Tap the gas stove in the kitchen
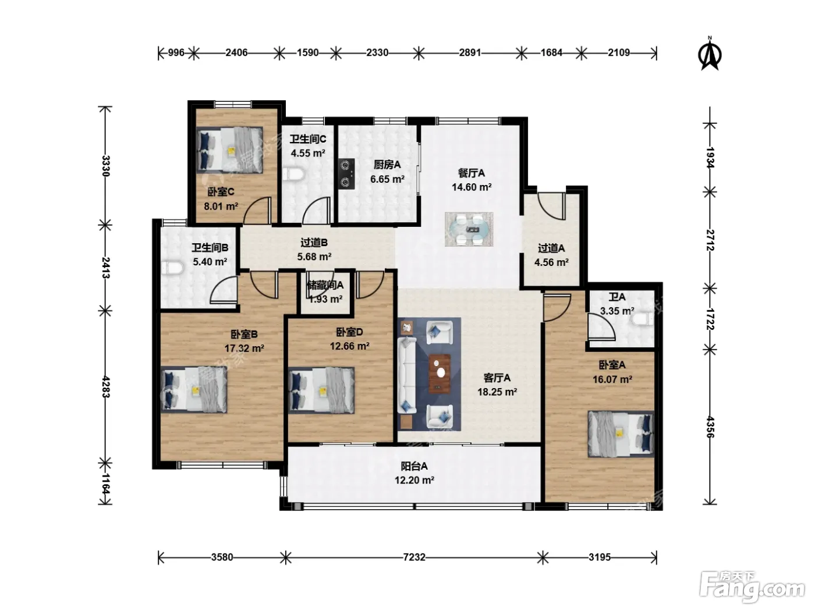(346, 173)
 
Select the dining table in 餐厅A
(469, 229)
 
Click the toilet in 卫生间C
(293, 174)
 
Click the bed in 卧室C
(229, 150)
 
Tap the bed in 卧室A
(621, 434)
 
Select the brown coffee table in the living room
(440, 373)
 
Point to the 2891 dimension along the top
(470, 53)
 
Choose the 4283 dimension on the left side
(106, 387)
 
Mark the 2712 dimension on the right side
(710, 240)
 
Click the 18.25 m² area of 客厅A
(497, 392)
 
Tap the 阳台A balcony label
(414, 466)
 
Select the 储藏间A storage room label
(325, 285)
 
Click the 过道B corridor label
(314, 243)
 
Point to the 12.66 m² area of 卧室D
(350, 346)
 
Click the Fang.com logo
(752, 587)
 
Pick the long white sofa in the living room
(406, 375)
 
